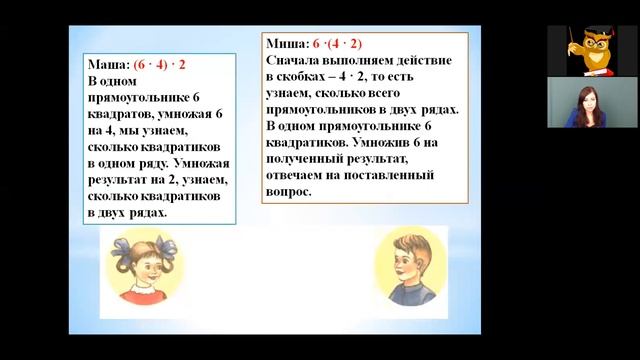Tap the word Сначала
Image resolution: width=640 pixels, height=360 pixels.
pyautogui.click(x=299, y=61)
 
